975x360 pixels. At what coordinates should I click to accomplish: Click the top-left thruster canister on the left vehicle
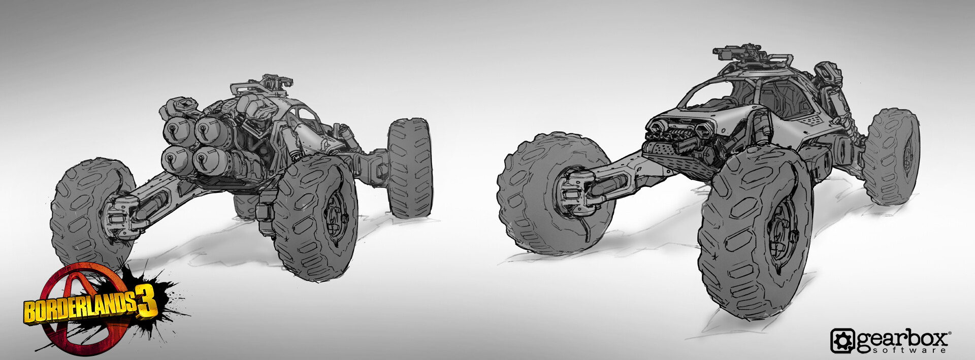click(x=177, y=131)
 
